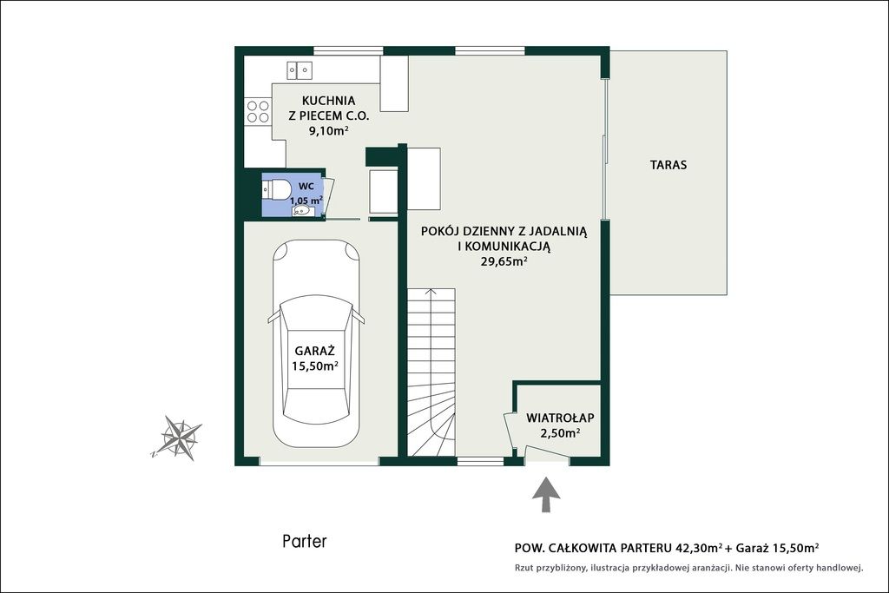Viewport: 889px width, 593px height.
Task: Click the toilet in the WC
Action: tap(276, 189)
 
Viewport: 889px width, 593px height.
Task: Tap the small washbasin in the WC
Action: tap(301, 212)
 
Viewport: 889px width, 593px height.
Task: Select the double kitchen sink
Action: tap(300, 70)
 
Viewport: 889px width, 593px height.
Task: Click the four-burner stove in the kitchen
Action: tap(257, 111)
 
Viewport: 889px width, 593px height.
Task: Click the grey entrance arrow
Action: tap(546, 495)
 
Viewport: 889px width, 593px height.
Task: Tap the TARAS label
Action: tap(668, 165)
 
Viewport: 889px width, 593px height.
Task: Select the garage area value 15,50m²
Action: tap(315, 366)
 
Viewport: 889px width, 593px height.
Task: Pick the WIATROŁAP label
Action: tap(560, 418)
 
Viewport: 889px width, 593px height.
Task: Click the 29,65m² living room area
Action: tap(504, 261)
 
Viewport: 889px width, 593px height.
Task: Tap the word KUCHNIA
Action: tap(329, 101)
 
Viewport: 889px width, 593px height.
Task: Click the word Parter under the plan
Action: tap(305, 542)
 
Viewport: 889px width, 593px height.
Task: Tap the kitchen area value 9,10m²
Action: tap(327, 131)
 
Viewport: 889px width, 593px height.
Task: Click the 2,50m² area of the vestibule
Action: tap(560, 433)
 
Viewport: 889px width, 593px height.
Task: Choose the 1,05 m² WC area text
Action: tap(306, 200)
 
